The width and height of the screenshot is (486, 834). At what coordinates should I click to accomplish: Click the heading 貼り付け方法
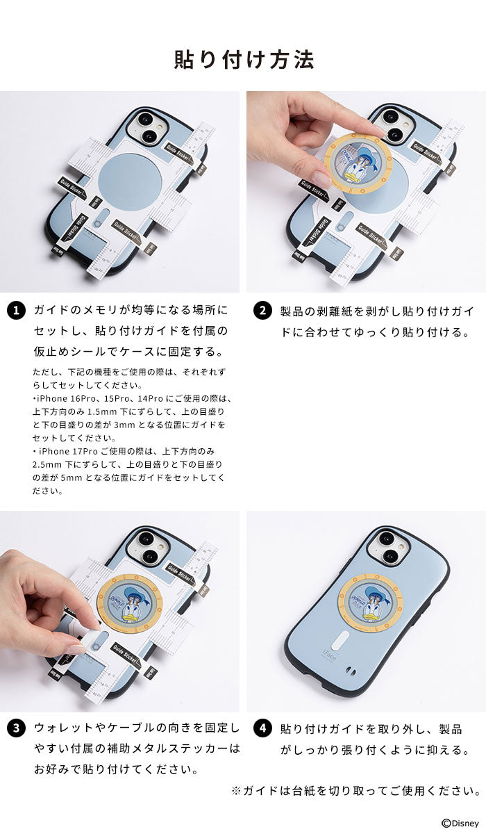[243, 60]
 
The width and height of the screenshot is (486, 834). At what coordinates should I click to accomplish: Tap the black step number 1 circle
[16, 311]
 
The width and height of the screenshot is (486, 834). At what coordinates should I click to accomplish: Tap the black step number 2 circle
[262, 311]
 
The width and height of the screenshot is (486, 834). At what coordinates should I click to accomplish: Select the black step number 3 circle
[16, 729]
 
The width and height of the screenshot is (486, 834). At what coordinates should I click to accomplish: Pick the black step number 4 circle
[262, 729]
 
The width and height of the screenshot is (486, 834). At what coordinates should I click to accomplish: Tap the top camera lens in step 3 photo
[147, 539]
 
